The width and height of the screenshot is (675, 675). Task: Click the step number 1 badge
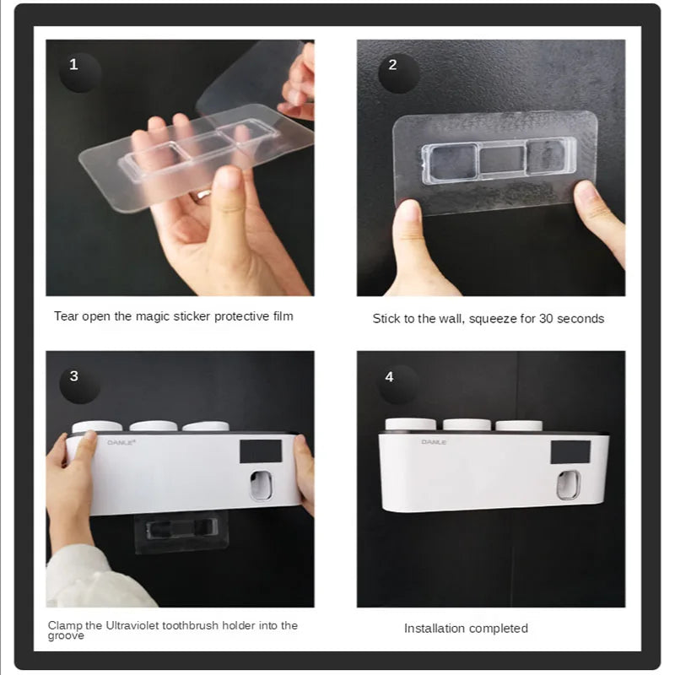[73, 64]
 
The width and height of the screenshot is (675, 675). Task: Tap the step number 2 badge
[391, 64]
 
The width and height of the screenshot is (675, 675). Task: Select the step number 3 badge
[73, 376]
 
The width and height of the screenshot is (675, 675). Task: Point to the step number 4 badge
[389, 376]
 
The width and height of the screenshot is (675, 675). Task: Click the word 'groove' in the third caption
[66, 636]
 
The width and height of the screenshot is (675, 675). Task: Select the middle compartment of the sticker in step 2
[501, 159]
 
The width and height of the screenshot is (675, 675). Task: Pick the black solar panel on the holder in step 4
[570, 452]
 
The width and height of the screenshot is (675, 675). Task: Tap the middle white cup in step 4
[467, 424]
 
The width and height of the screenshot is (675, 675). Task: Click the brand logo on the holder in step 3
[116, 441]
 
